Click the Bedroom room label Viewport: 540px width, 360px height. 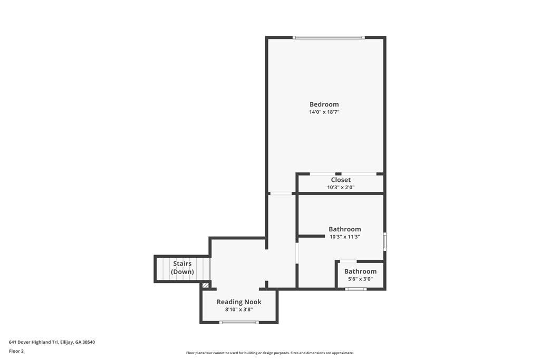click(324, 104)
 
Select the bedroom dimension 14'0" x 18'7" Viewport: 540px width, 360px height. click(324, 112)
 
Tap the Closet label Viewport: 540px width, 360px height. click(341, 180)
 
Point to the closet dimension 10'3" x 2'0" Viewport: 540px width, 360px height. click(341, 187)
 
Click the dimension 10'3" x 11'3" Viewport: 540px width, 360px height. click(344, 237)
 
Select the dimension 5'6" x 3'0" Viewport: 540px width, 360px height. click(360, 279)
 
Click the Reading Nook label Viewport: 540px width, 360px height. click(239, 302)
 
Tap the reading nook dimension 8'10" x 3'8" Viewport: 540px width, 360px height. click(239, 309)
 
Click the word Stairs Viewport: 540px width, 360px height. click(182, 264)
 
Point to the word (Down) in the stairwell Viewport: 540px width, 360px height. click(182, 272)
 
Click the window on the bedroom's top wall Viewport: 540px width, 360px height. click(329, 37)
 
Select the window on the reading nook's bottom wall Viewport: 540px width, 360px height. click(239, 322)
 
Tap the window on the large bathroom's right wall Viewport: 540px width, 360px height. click(384, 241)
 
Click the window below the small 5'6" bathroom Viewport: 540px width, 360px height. click(356, 289)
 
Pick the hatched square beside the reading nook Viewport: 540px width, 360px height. click(206, 285)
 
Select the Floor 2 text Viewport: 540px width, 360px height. click(16, 351)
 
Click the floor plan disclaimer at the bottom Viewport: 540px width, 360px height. click(269, 353)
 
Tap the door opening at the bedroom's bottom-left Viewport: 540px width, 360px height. click(281, 193)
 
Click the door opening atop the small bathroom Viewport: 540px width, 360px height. click(348, 261)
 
